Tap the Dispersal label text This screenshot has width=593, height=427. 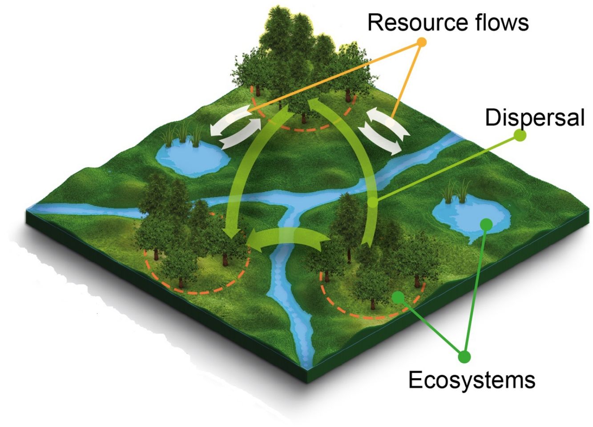tap(534, 117)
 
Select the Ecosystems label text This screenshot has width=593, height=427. tap(472, 380)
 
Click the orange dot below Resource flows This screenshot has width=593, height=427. tap(421, 42)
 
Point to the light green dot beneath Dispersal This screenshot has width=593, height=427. tap(520, 135)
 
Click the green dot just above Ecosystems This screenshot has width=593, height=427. tap(464, 356)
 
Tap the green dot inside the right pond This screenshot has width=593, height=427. tap(487, 224)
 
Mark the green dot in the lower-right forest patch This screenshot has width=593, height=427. tap(399, 296)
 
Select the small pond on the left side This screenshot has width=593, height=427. tap(191, 158)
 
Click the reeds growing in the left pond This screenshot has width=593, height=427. tap(182, 133)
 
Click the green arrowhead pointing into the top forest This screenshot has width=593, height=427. tap(311, 105)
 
